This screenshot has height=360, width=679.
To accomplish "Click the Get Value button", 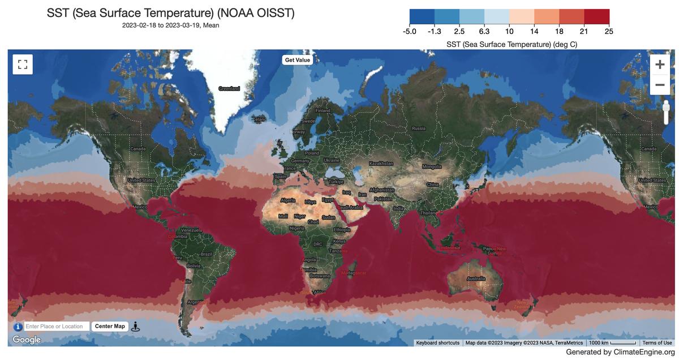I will coord(297,60).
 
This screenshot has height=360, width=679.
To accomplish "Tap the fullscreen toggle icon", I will coord(23,64).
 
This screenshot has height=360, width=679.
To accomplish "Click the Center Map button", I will coord(110,327).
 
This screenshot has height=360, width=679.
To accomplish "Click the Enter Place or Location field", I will coord(57,327).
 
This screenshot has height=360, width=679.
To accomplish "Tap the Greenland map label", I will coord(229,89).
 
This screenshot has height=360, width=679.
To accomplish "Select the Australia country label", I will coord(476,278).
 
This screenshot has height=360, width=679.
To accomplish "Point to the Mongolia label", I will coord(432,167).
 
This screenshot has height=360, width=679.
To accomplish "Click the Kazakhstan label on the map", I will coord(381,164).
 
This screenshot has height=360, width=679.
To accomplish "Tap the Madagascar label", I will coord(354,273).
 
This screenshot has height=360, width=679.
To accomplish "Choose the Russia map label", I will coord(419,128).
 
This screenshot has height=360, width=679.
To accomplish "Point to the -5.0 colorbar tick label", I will coord(410,32).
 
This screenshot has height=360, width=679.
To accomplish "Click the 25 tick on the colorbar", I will coord(609,32).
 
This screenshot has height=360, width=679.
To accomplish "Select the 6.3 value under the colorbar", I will coord(484,32).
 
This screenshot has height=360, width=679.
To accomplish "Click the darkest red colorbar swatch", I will coord(596,16).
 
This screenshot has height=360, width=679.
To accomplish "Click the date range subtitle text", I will coord(170,25).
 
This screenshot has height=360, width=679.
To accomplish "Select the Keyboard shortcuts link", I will coord(437,343).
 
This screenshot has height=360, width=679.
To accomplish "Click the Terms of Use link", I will coord(657,343).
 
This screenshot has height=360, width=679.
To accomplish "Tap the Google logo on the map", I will coord(27,340).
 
